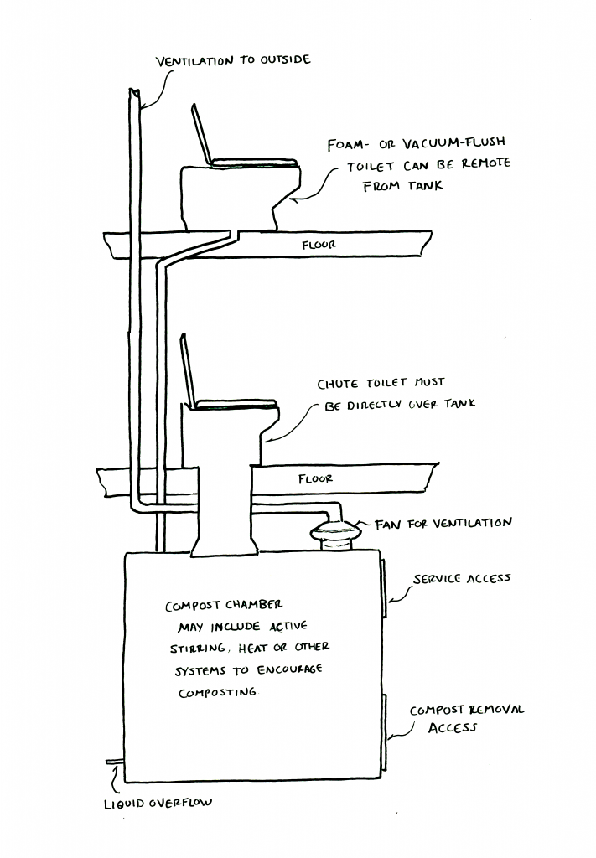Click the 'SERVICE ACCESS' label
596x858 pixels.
pyautogui.click(x=462, y=579)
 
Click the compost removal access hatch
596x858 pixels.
pyautogui.click(x=384, y=732)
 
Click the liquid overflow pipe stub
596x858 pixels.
pyautogui.click(x=115, y=762)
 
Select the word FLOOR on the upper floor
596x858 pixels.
pyautogui.click(x=319, y=246)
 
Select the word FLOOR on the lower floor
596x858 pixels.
pyautogui.click(x=315, y=479)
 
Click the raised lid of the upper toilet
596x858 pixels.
pyautogui.click(x=201, y=134)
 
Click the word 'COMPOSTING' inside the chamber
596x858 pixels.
pyautogui.click(x=217, y=693)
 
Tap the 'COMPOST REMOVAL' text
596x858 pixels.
pyautogui.click(x=467, y=710)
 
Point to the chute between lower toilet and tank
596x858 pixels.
pyautogui.click(x=220, y=511)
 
